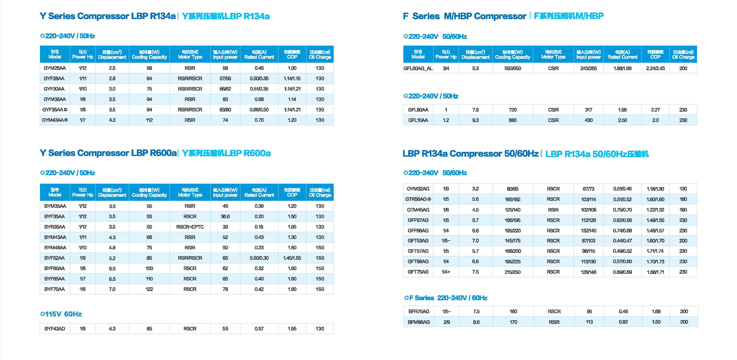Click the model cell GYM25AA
click(55, 68)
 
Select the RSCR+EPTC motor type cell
click(190, 227)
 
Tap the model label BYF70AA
click(55, 289)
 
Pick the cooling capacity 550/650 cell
click(513, 68)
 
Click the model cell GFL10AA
click(418, 120)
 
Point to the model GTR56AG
click(418, 199)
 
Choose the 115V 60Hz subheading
click(61, 314)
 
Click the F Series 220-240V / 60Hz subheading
click(446, 298)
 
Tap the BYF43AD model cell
click(55, 329)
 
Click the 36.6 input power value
click(225, 216)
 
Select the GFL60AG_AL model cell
click(418, 68)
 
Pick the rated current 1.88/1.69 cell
click(623, 68)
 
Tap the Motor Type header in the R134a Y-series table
click(190, 54)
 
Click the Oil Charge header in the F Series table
click(683, 54)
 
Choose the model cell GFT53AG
click(418, 241)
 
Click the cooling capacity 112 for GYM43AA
click(149, 120)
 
